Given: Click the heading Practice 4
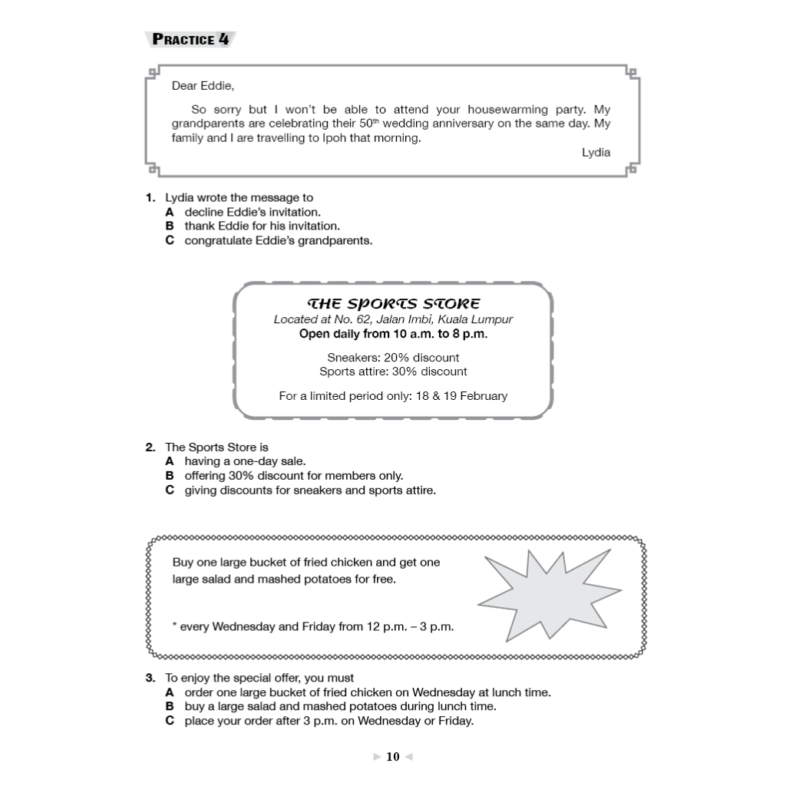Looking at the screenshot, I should tap(190, 39).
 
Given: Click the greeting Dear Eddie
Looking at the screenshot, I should tap(203, 85).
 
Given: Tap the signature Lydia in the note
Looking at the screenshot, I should tap(596, 152).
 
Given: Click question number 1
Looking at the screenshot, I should tap(150, 198).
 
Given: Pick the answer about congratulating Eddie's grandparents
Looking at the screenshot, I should tap(278, 240).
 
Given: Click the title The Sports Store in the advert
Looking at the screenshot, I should tap(393, 304).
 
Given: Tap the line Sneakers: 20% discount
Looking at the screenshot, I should tap(393, 358).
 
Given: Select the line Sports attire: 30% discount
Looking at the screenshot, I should tap(393, 372).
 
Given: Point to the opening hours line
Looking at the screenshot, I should tap(393, 334).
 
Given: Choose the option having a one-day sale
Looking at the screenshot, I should tap(244, 461).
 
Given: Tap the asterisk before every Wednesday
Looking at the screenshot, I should tap(175, 625).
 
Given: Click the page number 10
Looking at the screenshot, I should tap(393, 757).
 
